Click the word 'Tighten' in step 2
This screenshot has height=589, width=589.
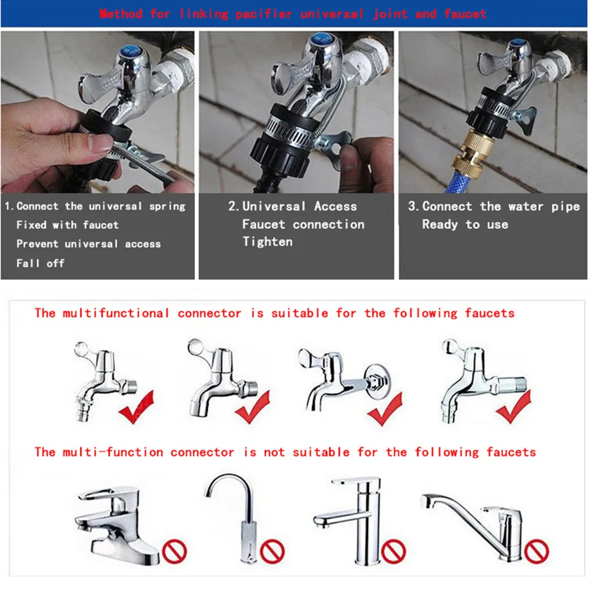click(267, 242)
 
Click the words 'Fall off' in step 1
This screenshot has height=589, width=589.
click(40, 263)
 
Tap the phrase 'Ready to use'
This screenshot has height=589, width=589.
click(465, 225)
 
